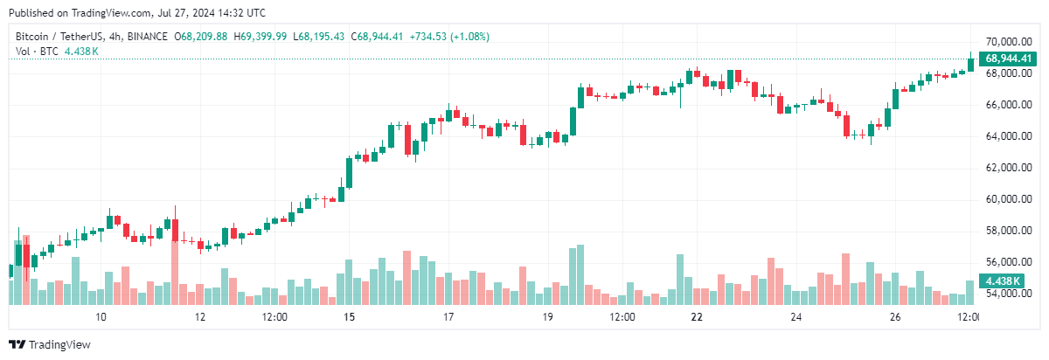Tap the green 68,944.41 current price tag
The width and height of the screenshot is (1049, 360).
tap(1010, 59)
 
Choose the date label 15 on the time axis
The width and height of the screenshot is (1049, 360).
tap(350, 316)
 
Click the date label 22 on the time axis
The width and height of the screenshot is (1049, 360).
tap(697, 316)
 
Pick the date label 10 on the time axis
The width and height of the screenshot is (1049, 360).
tap(101, 316)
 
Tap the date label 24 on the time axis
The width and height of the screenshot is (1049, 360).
tap(796, 316)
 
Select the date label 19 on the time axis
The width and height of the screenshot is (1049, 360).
tap(548, 316)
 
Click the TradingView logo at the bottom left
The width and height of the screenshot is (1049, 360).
tap(50, 344)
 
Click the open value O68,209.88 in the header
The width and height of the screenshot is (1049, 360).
tap(201, 37)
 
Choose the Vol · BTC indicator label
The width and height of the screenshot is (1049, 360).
tap(38, 52)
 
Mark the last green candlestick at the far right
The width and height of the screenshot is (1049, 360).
tap(970, 64)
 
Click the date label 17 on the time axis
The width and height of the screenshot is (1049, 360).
tap(448, 316)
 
